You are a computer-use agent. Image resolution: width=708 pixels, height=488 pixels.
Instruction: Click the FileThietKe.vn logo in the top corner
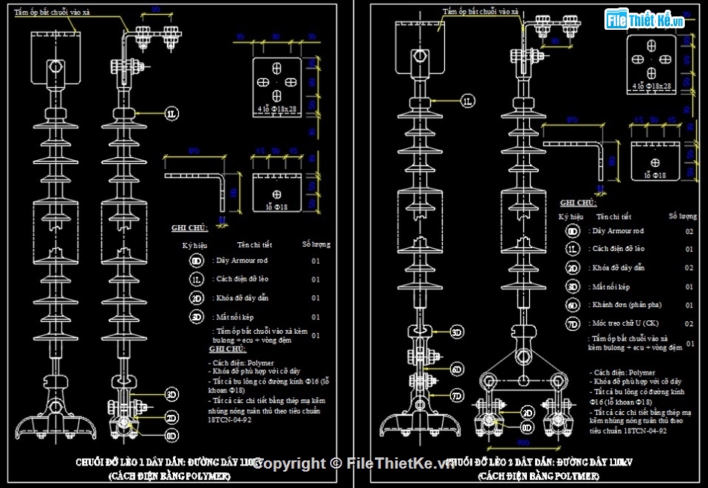point(645,20)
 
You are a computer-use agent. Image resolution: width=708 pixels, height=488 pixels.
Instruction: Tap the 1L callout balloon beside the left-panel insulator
point(172,113)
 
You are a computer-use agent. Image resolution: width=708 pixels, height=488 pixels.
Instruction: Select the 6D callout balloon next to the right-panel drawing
point(458,369)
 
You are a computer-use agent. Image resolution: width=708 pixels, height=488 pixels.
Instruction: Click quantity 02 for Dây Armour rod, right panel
point(689,232)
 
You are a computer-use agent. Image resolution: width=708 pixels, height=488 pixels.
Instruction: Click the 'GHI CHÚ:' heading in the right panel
point(578,203)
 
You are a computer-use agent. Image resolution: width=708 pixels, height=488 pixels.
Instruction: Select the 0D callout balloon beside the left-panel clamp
point(172,435)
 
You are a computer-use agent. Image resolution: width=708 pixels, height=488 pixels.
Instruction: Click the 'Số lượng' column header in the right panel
point(683,216)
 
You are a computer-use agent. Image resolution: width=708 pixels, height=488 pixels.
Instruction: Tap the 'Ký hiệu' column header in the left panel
point(195,245)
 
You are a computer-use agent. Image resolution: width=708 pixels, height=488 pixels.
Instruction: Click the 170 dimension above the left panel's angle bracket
point(193,151)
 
